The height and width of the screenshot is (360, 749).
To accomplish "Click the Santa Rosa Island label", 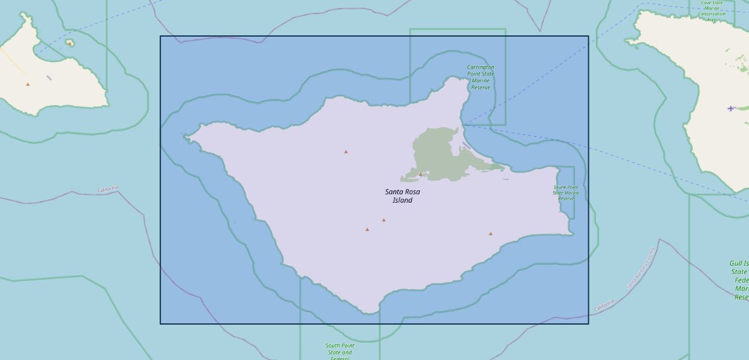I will point(402,196).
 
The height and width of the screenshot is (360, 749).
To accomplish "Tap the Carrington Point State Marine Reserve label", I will point(480,77).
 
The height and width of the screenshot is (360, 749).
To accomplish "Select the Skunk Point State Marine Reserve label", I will point(566,193).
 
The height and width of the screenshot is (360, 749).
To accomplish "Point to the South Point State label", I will point(340,350).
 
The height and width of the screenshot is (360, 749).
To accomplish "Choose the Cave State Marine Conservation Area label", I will point(711,11).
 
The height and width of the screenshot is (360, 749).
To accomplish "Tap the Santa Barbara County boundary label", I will point(640,268).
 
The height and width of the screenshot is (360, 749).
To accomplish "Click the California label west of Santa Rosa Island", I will point(108,190).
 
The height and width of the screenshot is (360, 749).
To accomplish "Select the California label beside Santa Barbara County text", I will point(604,305).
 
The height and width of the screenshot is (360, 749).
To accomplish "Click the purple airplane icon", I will point(730,109).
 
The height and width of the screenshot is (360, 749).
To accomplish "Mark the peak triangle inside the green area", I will point(421,175).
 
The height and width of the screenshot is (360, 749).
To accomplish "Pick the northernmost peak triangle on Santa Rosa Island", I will point(346,152).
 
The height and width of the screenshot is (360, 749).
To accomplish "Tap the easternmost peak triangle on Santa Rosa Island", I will point(490,233).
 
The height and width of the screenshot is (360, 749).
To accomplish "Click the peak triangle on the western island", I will point(28,84).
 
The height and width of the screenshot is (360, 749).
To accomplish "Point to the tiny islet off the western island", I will point(70,43).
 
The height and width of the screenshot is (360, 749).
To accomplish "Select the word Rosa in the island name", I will point(411,192).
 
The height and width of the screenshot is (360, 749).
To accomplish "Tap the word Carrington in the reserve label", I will point(480,67).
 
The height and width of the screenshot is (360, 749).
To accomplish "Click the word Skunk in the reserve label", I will point(560,187).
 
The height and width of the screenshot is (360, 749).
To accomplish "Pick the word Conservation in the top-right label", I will point(711,14).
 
